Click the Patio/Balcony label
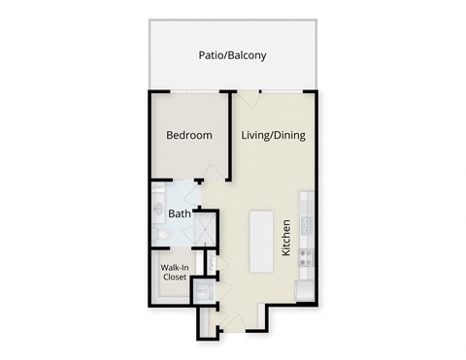tap(232, 55)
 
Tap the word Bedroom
tap(188, 135)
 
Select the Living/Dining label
tap(273, 135)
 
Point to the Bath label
tap(179, 213)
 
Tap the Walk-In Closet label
tap(175, 271)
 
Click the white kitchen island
tap(261, 240)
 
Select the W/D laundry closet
tap(204, 290)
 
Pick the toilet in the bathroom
tap(160, 234)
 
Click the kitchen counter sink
tap(305, 224)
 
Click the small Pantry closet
tap(210, 262)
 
